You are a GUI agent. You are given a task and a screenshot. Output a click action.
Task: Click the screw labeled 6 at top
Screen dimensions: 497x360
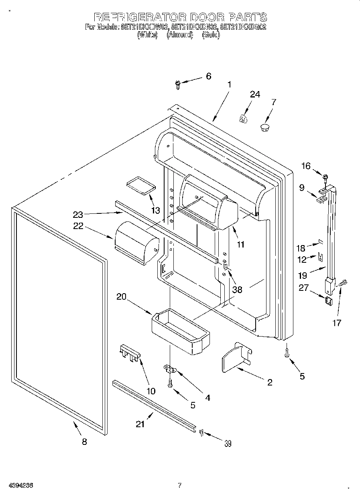178,83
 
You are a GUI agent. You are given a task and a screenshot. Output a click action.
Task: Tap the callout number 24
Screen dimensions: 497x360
255,94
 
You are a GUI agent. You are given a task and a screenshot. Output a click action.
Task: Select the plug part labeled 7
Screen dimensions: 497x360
264,128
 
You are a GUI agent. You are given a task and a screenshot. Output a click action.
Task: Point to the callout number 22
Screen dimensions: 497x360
78,226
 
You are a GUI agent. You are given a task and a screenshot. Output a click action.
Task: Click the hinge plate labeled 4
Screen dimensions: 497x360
170,368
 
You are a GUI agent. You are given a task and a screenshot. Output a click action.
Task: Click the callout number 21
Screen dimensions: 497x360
140,424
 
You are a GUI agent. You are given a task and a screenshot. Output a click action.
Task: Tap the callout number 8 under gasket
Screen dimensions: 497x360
84,442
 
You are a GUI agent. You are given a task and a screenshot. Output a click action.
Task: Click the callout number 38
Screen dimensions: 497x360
237,289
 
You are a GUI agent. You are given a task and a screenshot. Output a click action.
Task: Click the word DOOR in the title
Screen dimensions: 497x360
207,17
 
